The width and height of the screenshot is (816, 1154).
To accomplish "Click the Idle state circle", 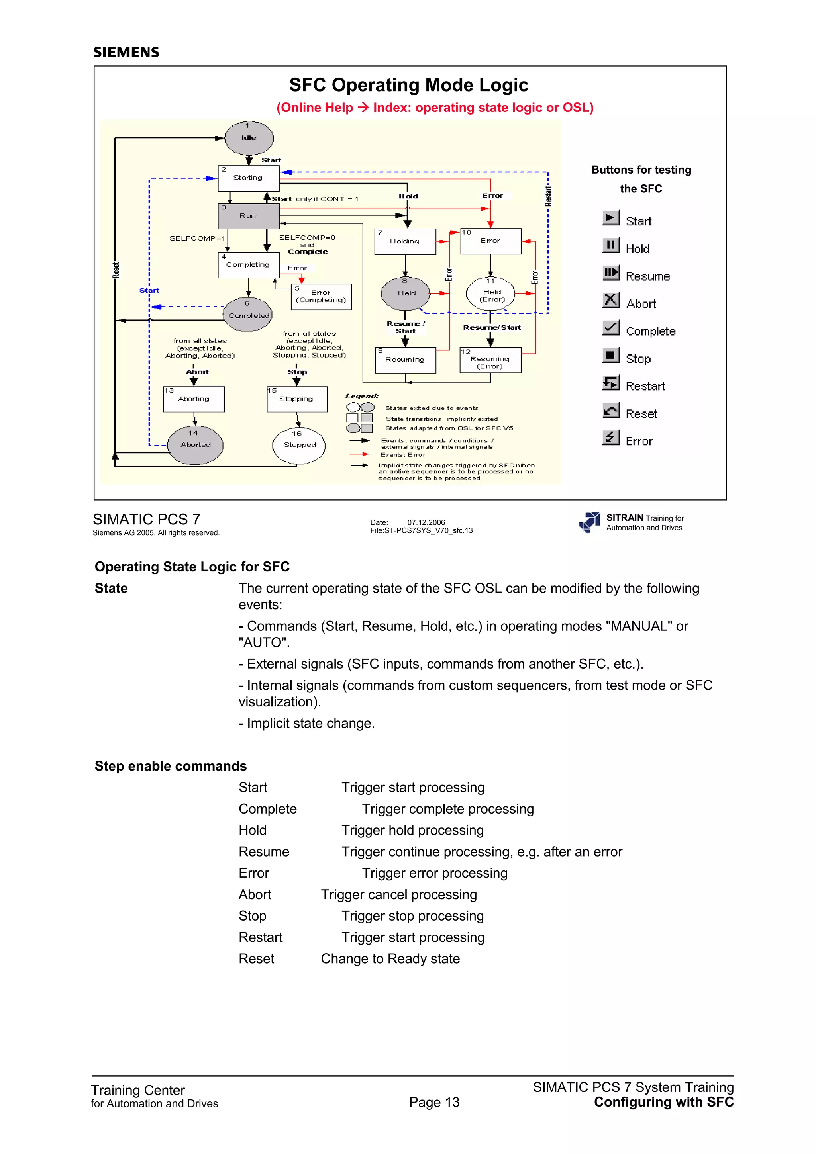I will tap(249, 138).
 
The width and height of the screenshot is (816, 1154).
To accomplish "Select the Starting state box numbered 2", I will tap(248, 178).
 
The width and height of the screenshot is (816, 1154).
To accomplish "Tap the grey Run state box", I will tap(248, 216).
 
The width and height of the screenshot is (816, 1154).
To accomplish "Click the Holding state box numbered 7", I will tap(405, 241).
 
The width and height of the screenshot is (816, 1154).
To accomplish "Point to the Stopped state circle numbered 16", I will tap(299, 445).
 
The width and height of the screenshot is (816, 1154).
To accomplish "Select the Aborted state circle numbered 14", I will tap(195, 445).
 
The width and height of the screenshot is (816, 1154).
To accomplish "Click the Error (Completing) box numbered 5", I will tap(321, 297).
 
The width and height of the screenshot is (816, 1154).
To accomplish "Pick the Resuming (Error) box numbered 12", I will tap(490, 360).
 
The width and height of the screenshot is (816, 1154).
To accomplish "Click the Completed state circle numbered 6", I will tap(248, 315).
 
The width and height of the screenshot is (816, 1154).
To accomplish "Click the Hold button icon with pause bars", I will tap(610, 245).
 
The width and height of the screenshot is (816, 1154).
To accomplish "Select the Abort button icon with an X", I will tap(610, 300).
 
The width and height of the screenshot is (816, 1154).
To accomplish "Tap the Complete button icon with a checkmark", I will tap(610, 328).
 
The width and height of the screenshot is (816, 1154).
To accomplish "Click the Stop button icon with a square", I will tap(610, 355).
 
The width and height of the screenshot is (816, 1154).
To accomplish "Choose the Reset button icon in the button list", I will tap(610, 411).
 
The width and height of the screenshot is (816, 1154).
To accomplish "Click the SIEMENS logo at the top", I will tap(126, 52).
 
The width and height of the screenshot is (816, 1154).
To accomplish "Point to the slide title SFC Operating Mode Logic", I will tap(408, 85).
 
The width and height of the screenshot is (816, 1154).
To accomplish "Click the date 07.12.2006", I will tap(426, 522).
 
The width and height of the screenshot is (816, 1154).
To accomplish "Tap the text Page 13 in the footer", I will tap(434, 1102).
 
